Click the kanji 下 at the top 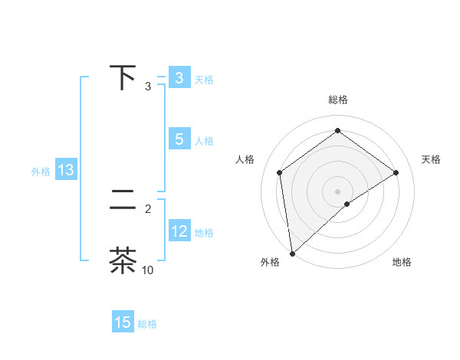click(123, 78)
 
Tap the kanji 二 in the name click(123, 201)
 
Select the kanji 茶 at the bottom click(123, 261)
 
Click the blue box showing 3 click(179, 78)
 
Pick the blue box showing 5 click(179, 139)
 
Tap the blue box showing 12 click(179, 231)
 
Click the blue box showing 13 click(65, 170)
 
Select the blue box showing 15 click(123, 322)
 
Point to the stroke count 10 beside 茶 click(148, 270)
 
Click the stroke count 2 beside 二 click(148, 208)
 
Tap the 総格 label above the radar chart click(337, 100)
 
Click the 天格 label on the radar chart click(431, 159)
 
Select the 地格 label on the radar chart click(402, 262)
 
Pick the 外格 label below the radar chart click(270, 262)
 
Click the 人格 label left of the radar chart click(245, 159)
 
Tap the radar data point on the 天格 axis click(396, 172)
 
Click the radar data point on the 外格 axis click(292, 253)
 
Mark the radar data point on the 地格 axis click(347, 204)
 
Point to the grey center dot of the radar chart click(337, 191)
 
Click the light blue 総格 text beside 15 click(147, 324)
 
